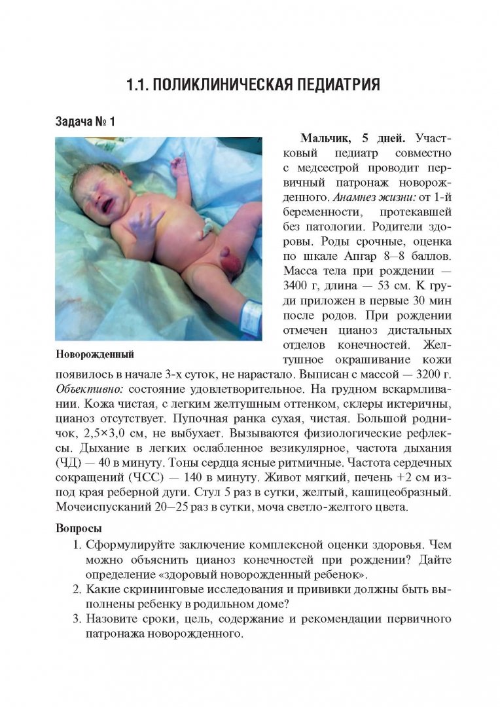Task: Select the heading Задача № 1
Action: [84, 121]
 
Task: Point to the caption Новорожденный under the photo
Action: [95, 355]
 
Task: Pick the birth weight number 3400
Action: [298, 285]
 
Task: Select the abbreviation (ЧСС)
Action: [145, 478]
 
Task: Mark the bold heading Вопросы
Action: [79, 528]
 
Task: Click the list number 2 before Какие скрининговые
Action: [75, 589]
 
